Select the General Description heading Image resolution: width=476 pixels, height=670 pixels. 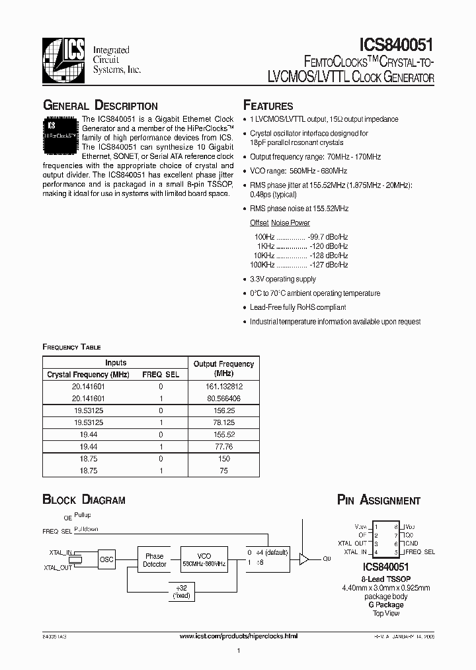click(100, 106)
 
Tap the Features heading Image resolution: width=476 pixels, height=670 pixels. click(268, 106)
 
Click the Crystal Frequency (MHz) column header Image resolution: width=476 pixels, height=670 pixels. click(88, 374)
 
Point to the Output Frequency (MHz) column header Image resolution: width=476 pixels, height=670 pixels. click(223, 368)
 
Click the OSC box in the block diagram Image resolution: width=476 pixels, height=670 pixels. click(106, 560)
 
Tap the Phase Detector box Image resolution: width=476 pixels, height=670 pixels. click(154, 560)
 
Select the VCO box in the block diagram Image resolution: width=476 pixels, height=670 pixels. click(204, 560)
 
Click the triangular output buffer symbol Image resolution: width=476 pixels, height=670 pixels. click(304, 559)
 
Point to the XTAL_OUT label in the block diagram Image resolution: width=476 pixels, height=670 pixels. click(59, 568)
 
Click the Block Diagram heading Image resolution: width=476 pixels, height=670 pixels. click(84, 501)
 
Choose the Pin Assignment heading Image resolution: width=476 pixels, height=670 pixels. click(379, 501)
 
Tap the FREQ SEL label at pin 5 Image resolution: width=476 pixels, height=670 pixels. click(420, 551)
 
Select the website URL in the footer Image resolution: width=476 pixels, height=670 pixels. click(239, 636)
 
